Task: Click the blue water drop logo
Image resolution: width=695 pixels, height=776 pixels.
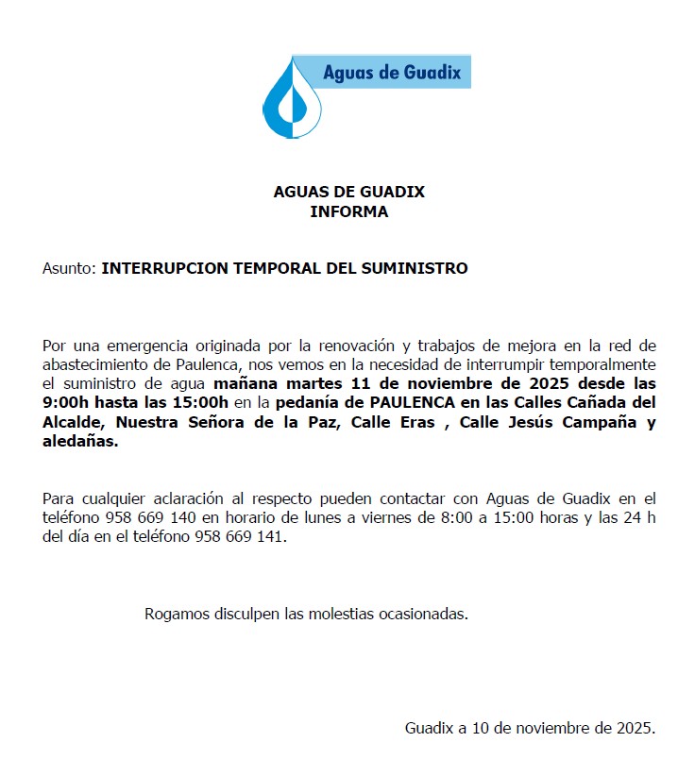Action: [x=293, y=98]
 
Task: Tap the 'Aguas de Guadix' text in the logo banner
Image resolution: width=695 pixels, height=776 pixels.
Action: [x=391, y=72]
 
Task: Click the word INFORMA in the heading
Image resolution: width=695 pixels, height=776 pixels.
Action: [x=348, y=211]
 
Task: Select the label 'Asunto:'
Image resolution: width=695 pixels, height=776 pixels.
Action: [x=70, y=268]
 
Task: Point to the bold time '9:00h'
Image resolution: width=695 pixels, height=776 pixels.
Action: [x=65, y=402]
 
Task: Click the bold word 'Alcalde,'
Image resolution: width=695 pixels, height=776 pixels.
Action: [x=75, y=421]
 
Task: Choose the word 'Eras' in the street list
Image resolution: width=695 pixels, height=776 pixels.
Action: [x=414, y=421]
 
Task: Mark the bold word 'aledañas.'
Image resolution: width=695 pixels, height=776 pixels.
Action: [x=80, y=440]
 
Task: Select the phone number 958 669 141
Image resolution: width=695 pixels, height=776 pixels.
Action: [x=239, y=537]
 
